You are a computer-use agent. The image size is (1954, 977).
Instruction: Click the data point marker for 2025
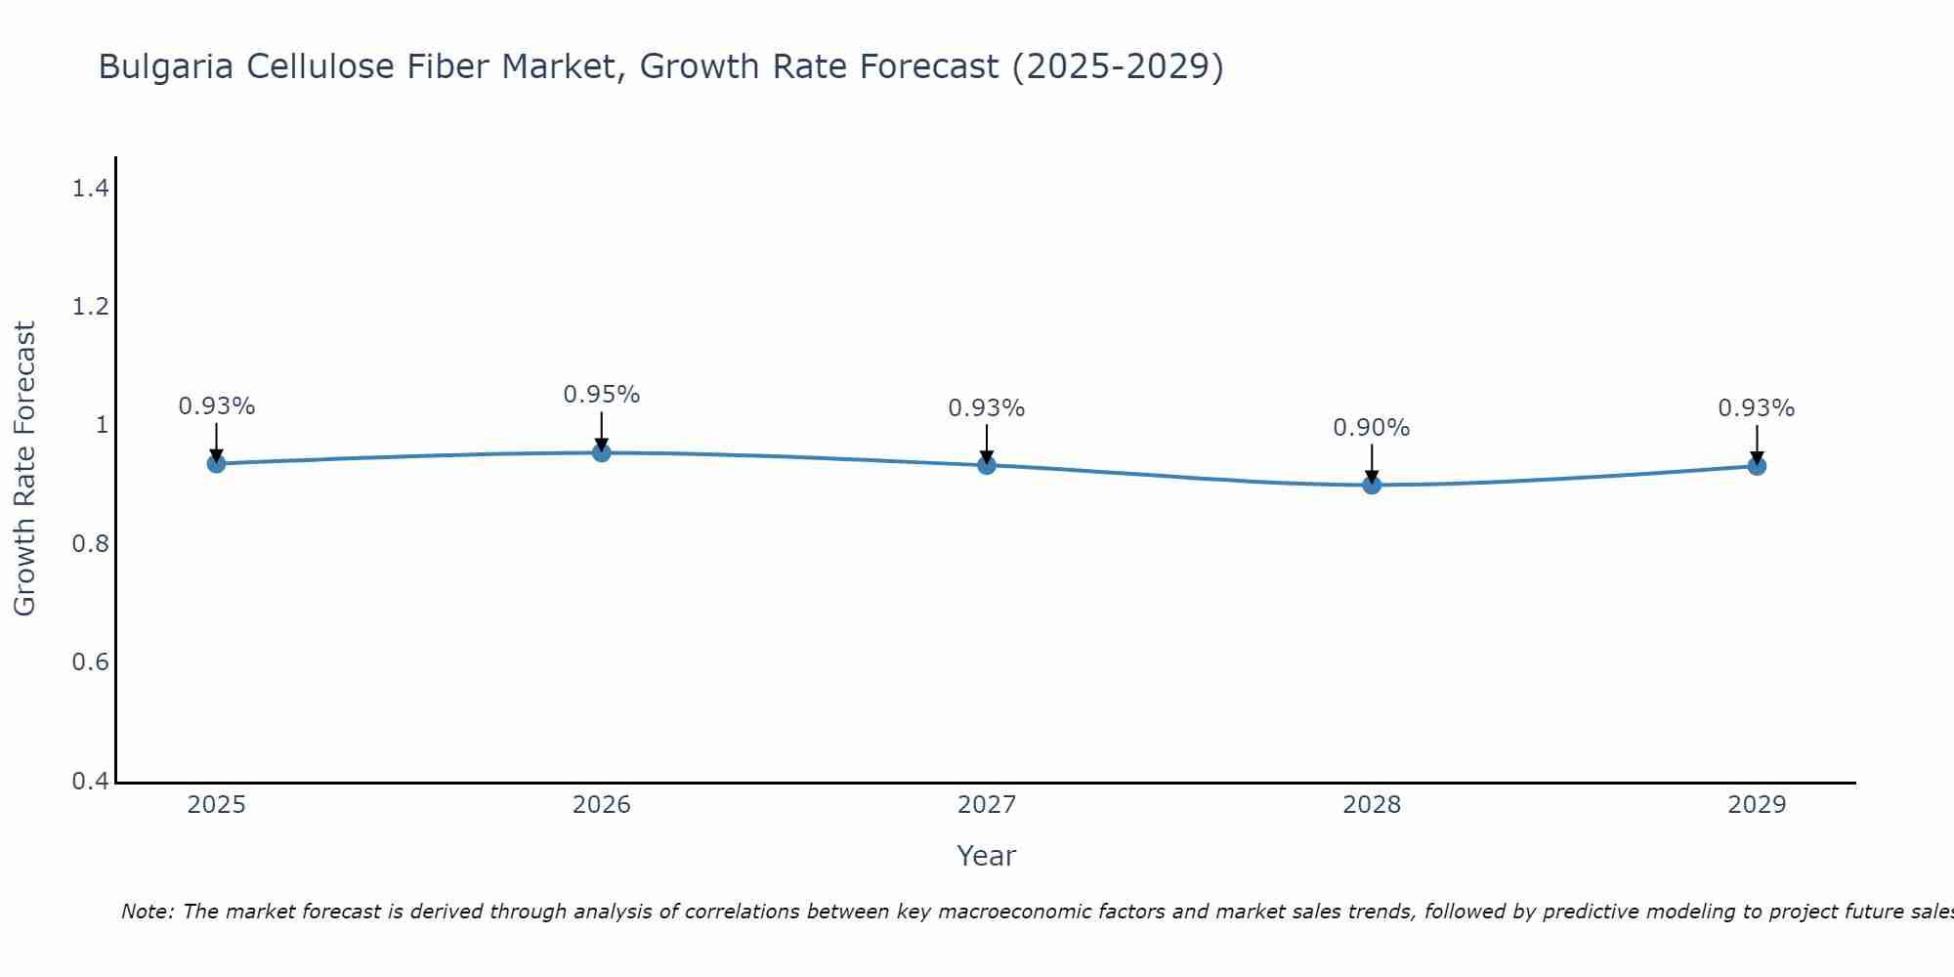pyautogui.click(x=216, y=463)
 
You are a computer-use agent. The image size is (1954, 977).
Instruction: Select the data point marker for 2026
pyautogui.click(x=601, y=452)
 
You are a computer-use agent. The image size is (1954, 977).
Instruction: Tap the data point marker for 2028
pyautogui.click(x=1371, y=485)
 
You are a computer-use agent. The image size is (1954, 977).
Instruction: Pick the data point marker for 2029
pyautogui.click(x=1756, y=466)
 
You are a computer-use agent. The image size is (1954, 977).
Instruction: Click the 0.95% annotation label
pyautogui.click(x=601, y=395)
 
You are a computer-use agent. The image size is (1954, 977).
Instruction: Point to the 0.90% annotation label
pyautogui.click(x=1371, y=428)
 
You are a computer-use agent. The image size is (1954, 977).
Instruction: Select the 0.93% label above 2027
pyautogui.click(x=986, y=408)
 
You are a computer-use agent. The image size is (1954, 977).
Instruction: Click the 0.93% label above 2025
pyautogui.click(x=216, y=406)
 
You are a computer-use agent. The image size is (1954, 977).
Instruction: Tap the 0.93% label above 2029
pyautogui.click(x=1756, y=408)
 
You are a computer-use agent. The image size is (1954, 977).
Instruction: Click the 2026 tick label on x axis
pyautogui.click(x=601, y=805)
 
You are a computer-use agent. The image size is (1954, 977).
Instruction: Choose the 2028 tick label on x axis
pyautogui.click(x=1371, y=805)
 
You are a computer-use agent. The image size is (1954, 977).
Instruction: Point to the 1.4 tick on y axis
pyautogui.click(x=90, y=189)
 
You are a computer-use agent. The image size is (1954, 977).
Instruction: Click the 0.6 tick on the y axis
pyautogui.click(x=90, y=662)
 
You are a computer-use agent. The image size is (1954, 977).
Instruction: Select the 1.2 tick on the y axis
pyautogui.click(x=90, y=307)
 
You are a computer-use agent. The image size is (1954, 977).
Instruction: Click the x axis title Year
pyautogui.click(x=986, y=856)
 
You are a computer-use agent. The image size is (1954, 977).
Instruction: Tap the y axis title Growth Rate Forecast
pyautogui.click(x=24, y=469)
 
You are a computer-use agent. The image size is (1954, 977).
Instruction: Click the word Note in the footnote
pyautogui.click(x=146, y=912)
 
